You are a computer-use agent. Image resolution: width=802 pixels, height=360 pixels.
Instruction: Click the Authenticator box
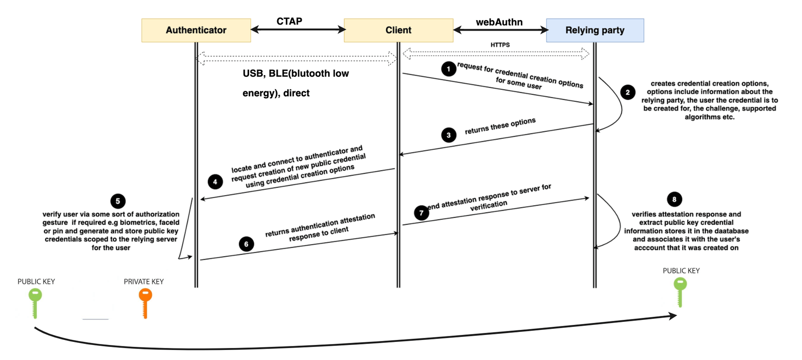click(196, 31)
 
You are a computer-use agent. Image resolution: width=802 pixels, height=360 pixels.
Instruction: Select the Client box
click(398, 31)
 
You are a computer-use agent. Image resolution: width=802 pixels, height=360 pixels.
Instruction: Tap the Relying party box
click(595, 31)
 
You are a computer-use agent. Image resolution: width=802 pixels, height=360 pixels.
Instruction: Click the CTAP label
click(289, 22)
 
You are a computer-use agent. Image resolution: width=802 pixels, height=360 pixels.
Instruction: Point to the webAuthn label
click(499, 22)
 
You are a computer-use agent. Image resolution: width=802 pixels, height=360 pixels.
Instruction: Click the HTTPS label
click(500, 45)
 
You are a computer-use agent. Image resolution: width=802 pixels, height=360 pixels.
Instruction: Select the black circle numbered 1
click(449, 69)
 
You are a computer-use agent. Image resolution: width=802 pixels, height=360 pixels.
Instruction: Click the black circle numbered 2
click(628, 92)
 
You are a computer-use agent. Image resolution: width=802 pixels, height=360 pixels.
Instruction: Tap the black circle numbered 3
click(449, 135)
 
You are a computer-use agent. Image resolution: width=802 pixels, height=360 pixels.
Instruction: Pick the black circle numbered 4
click(215, 182)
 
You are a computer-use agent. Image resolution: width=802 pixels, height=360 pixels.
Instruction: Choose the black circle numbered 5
click(118, 201)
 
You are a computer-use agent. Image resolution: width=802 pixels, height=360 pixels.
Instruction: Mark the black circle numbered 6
click(246, 244)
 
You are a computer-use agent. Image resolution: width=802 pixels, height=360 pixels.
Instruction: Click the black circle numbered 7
click(422, 213)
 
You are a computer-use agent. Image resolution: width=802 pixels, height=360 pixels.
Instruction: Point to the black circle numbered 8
click(675, 199)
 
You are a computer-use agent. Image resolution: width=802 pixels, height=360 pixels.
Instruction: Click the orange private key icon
click(145, 303)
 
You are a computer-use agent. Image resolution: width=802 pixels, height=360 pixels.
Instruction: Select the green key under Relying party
click(680, 292)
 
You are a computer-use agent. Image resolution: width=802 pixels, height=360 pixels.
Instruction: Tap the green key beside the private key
click(35, 303)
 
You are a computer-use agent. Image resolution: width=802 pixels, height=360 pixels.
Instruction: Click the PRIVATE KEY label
click(143, 282)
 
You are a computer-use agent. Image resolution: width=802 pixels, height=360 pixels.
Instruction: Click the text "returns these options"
click(500, 126)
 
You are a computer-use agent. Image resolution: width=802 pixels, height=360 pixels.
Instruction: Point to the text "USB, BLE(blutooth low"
click(296, 73)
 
